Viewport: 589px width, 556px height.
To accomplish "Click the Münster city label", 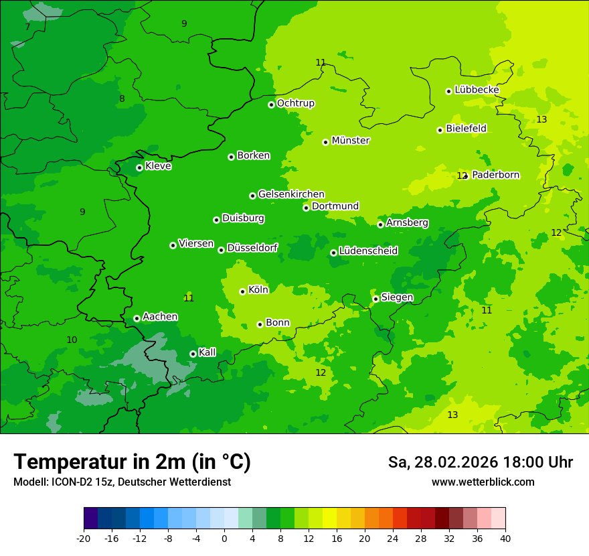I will click(x=350, y=141).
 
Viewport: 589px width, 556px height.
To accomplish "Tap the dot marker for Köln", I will click(x=242, y=291).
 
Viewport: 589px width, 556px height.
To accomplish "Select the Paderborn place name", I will click(x=495, y=175).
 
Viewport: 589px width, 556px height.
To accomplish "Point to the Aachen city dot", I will click(x=137, y=318).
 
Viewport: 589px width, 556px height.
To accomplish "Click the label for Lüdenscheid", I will click(x=368, y=251).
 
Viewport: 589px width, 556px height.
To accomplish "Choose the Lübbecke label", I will click(x=477, y=90).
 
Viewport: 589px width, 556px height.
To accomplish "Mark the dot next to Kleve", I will click(x=139, y=167).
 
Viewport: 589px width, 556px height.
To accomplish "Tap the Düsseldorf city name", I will click(x=252, y=248).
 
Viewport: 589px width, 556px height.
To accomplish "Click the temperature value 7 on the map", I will click(x=27, y=27).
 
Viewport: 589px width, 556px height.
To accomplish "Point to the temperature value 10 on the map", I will click(x=72, y=340).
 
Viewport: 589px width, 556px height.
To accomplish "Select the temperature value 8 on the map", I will click(x=122, y=99).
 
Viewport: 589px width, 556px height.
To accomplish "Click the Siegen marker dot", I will click(x=375, y=299).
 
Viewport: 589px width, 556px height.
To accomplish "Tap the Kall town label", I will click(x=207, y=352).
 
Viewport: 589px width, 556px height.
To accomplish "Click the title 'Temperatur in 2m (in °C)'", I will click(x=132, y=462).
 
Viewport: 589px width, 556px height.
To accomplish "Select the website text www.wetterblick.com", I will click(x=483, y=482).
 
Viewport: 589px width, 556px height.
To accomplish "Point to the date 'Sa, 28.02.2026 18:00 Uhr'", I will click(x=480, y=462).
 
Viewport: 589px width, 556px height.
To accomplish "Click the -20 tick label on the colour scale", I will click(x=84, y=538).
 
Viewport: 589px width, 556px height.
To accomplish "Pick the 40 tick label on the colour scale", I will click(x=505, y=538).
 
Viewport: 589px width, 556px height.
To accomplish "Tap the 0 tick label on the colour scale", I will click(x=224, y=538).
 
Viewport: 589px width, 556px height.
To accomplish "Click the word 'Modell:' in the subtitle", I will click(x=29, y=482).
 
